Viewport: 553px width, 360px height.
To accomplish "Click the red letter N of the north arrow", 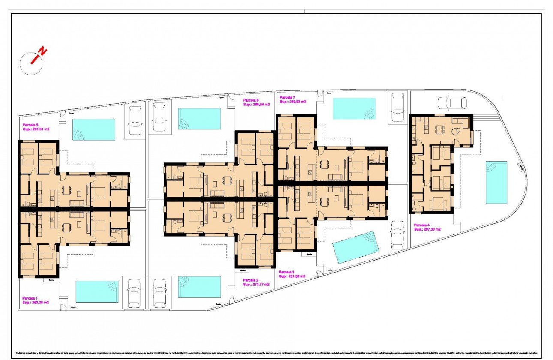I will point(42,52).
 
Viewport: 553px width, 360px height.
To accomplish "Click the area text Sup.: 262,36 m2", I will point(36,302).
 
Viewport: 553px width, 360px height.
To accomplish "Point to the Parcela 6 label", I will point(251,100).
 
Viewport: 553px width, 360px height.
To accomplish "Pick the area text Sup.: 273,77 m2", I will point(256,284).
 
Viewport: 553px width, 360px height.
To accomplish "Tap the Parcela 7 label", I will point(287,97).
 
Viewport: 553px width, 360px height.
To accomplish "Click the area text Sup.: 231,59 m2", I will point(292,276).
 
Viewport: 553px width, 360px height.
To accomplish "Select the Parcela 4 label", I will point(422,225).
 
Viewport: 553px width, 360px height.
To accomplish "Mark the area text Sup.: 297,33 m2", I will point(427,229).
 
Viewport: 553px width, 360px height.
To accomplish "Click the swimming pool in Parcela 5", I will point(94,129).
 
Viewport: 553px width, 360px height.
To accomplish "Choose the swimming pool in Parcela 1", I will point(97,291).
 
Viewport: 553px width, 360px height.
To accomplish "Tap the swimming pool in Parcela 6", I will point(199,118).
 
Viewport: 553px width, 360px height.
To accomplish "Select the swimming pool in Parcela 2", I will point(199,287).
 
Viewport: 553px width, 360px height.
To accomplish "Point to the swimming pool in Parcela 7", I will point(354,108).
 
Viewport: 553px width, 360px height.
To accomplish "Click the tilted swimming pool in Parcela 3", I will point(357,247).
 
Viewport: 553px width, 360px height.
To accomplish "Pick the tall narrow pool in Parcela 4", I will point(496,182).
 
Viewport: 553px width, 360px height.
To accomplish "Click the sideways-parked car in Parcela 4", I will point(452,103).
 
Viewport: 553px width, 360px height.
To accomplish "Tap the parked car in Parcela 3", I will point(397,235).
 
